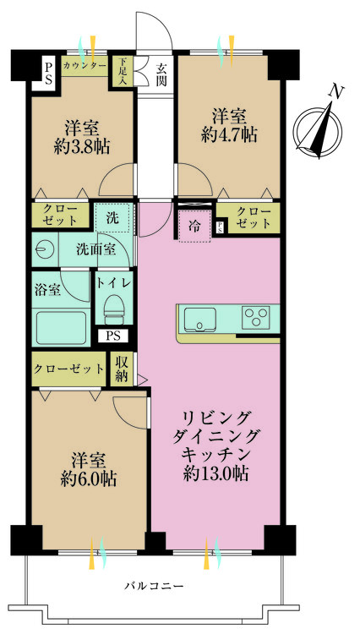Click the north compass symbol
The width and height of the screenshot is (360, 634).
click(319, 128)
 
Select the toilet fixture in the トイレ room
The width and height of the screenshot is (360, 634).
click(114, 309)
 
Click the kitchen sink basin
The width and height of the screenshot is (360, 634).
click(199, 319)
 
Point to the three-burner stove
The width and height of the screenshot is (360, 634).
click(256, 317)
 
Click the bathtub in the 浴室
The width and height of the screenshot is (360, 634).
click(61, 328)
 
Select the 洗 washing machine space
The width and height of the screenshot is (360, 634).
click(113, 217)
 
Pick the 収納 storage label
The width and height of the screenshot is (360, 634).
click(121, 369)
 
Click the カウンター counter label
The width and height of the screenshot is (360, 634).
click(85, 64)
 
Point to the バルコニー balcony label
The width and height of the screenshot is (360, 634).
click(154, 585)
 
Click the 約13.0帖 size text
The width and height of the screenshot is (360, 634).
click(215, 473)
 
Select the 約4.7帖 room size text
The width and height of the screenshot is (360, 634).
click(229, 135)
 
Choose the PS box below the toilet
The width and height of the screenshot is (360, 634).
click(113, 336)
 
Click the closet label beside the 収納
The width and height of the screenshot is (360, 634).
click(68, 369)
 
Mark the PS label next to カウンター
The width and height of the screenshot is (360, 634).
click(48, 73)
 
